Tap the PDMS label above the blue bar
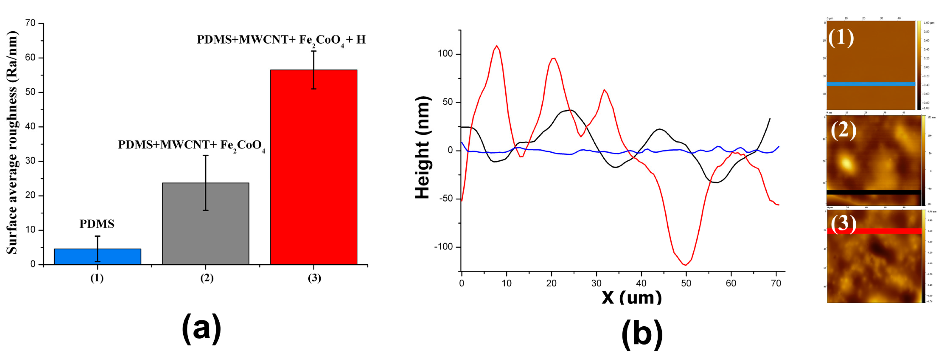coord(97,224)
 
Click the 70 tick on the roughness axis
coord(30,23)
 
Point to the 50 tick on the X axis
coord(686,283)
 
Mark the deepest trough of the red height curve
coord(685,265)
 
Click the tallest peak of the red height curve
coord(497,46)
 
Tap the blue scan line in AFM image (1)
coord(870,84)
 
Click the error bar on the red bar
coord(314,70)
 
